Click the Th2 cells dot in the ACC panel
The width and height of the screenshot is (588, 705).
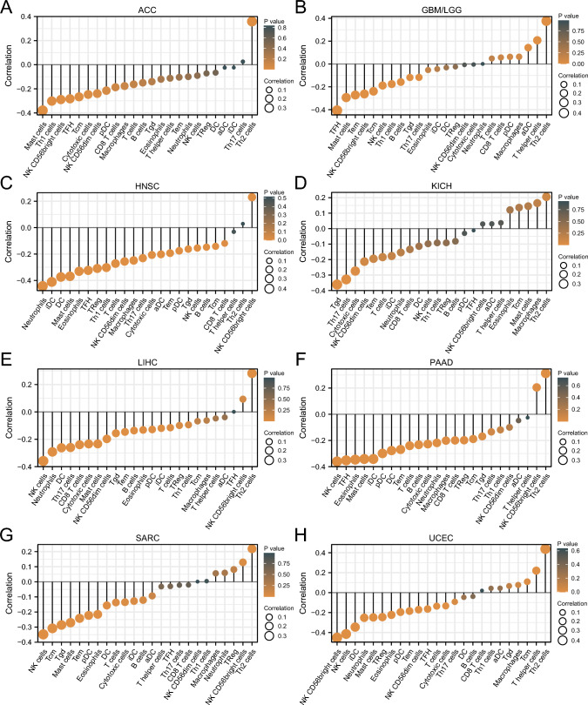click(252, 21)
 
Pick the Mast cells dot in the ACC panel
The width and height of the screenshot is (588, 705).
click(42, 110)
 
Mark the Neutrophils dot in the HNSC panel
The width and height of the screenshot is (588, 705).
click(42, 285)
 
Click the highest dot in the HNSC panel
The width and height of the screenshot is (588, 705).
click(252, 198)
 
